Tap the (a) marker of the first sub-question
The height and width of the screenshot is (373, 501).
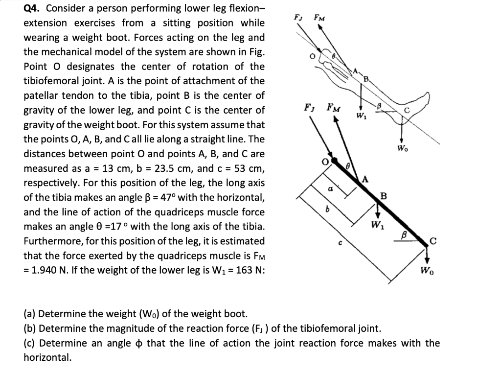(x=30, y=314)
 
